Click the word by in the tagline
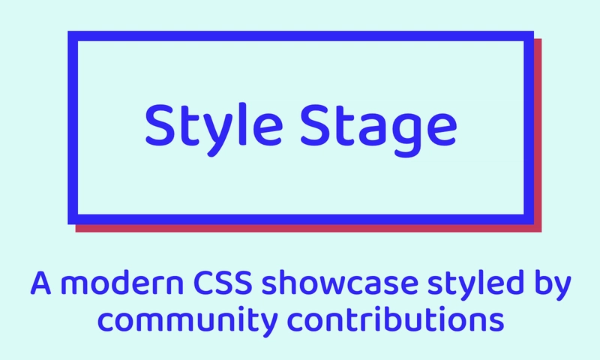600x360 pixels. pos(553,286)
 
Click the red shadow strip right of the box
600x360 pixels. pos(537,135)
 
